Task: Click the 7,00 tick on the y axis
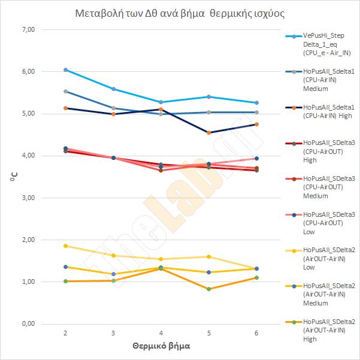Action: [x=29, y=29]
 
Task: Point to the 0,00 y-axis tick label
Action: [x=29, y=324]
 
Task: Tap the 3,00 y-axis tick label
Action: [x=29, y=198]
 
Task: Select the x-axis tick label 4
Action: [x=161, y=332]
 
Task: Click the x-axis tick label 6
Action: [x=256, y=332]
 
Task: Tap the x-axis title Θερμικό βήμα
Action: [x=161, y=346]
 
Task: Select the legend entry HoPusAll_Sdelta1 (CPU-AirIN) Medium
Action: [x=321, y=80]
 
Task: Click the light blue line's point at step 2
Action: [x=65, y=69]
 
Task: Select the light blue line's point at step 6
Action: [x=256, y=102]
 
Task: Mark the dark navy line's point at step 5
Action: [x=208, y=132]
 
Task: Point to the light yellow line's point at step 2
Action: [x=65, y=246]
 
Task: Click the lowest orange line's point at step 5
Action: [x=208, y=289]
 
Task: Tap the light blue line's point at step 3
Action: [x=113, y=89]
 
